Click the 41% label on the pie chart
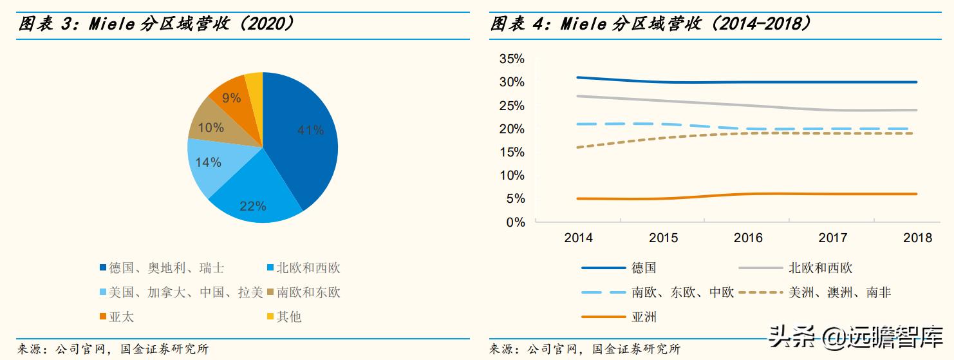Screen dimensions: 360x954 click(x=310, y=130)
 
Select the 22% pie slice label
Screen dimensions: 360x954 click(x=252, y=206)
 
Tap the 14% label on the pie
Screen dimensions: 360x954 click(x=208, y=162)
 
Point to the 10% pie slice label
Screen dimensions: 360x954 click(x=210, y=128)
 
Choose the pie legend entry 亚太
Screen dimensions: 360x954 click(x=121, y=317)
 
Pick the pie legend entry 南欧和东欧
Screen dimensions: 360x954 click(x=308, y=292)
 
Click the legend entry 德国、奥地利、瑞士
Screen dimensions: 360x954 click(x=166, y=268)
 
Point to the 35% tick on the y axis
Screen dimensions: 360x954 click(x=512, y=59)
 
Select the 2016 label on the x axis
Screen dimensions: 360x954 click(x=748, y=238)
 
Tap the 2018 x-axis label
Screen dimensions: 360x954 click(x=917, y=238)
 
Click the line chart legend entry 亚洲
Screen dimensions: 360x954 click(x=644, y=317)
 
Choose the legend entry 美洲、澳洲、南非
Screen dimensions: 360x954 click(x=839, y=292)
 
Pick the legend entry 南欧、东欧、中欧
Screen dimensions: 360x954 click(x=682, y=292)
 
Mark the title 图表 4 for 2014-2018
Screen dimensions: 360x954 click(x=650, y=24)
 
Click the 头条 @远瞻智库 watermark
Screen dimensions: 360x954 click(x=856, y=336)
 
